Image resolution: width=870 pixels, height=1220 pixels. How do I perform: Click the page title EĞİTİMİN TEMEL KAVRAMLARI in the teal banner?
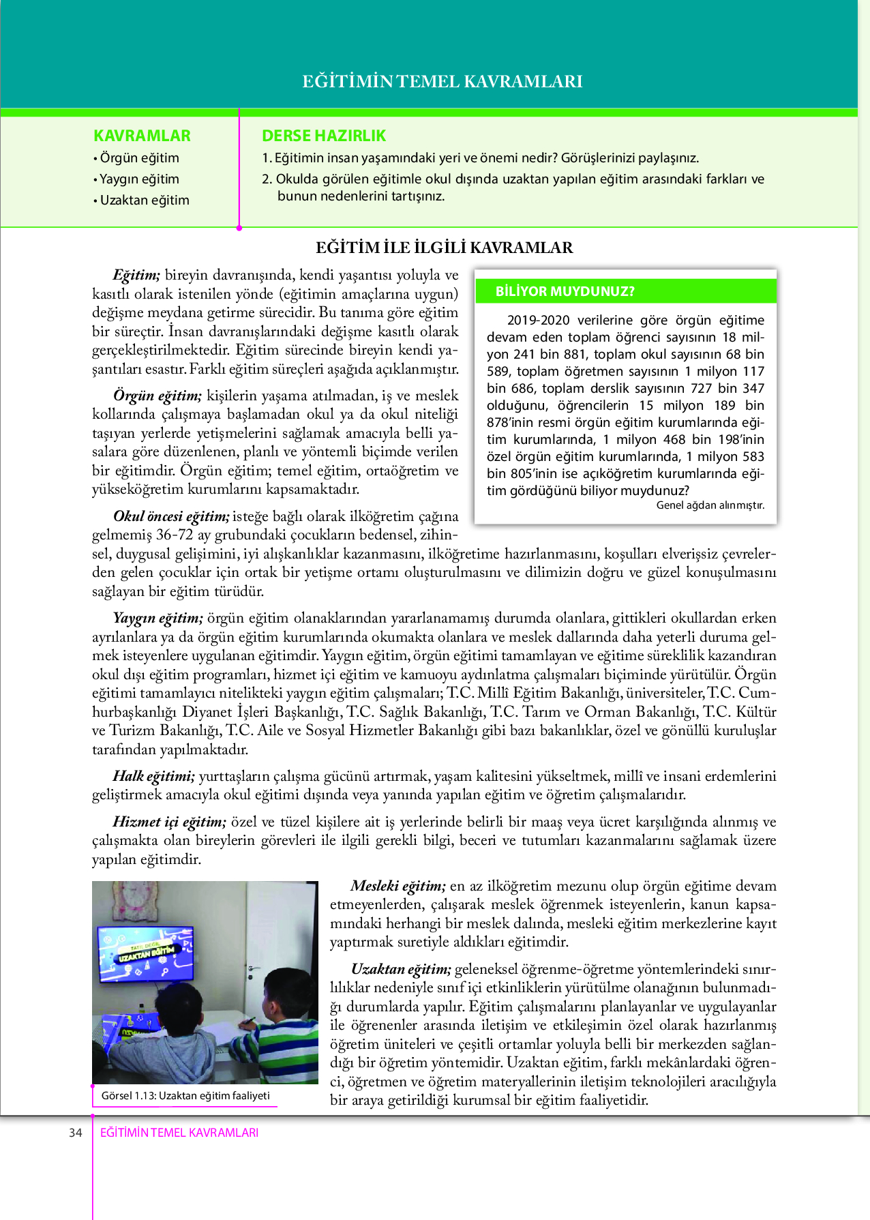442,81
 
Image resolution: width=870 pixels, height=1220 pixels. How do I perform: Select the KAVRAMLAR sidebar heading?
142,136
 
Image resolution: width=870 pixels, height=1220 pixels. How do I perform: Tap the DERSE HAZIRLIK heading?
324,136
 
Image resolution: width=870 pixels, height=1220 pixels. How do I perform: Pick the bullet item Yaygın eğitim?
139,179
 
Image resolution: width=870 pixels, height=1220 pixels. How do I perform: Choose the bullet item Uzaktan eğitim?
145,200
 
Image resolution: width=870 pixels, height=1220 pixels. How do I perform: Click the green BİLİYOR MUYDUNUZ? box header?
565,291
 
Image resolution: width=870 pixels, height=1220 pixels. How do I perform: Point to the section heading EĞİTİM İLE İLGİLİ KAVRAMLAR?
445,248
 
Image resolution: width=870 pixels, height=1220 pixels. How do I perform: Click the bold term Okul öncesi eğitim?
171,516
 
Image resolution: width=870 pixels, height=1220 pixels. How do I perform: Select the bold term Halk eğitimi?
153,776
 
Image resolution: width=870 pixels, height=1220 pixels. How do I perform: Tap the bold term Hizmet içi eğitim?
169,822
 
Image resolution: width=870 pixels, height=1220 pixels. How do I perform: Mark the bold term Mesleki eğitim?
397,886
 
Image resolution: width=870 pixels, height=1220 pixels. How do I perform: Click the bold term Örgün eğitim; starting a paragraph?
157,396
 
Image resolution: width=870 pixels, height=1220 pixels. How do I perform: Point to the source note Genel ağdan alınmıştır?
710,505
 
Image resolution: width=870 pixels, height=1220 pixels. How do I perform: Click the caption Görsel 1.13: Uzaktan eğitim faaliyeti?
185,1095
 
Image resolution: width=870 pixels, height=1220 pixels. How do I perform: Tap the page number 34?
75,1133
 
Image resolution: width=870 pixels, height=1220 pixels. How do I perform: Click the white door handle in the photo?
253,968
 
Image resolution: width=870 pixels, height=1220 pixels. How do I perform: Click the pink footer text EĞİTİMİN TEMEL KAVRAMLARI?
179,1133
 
